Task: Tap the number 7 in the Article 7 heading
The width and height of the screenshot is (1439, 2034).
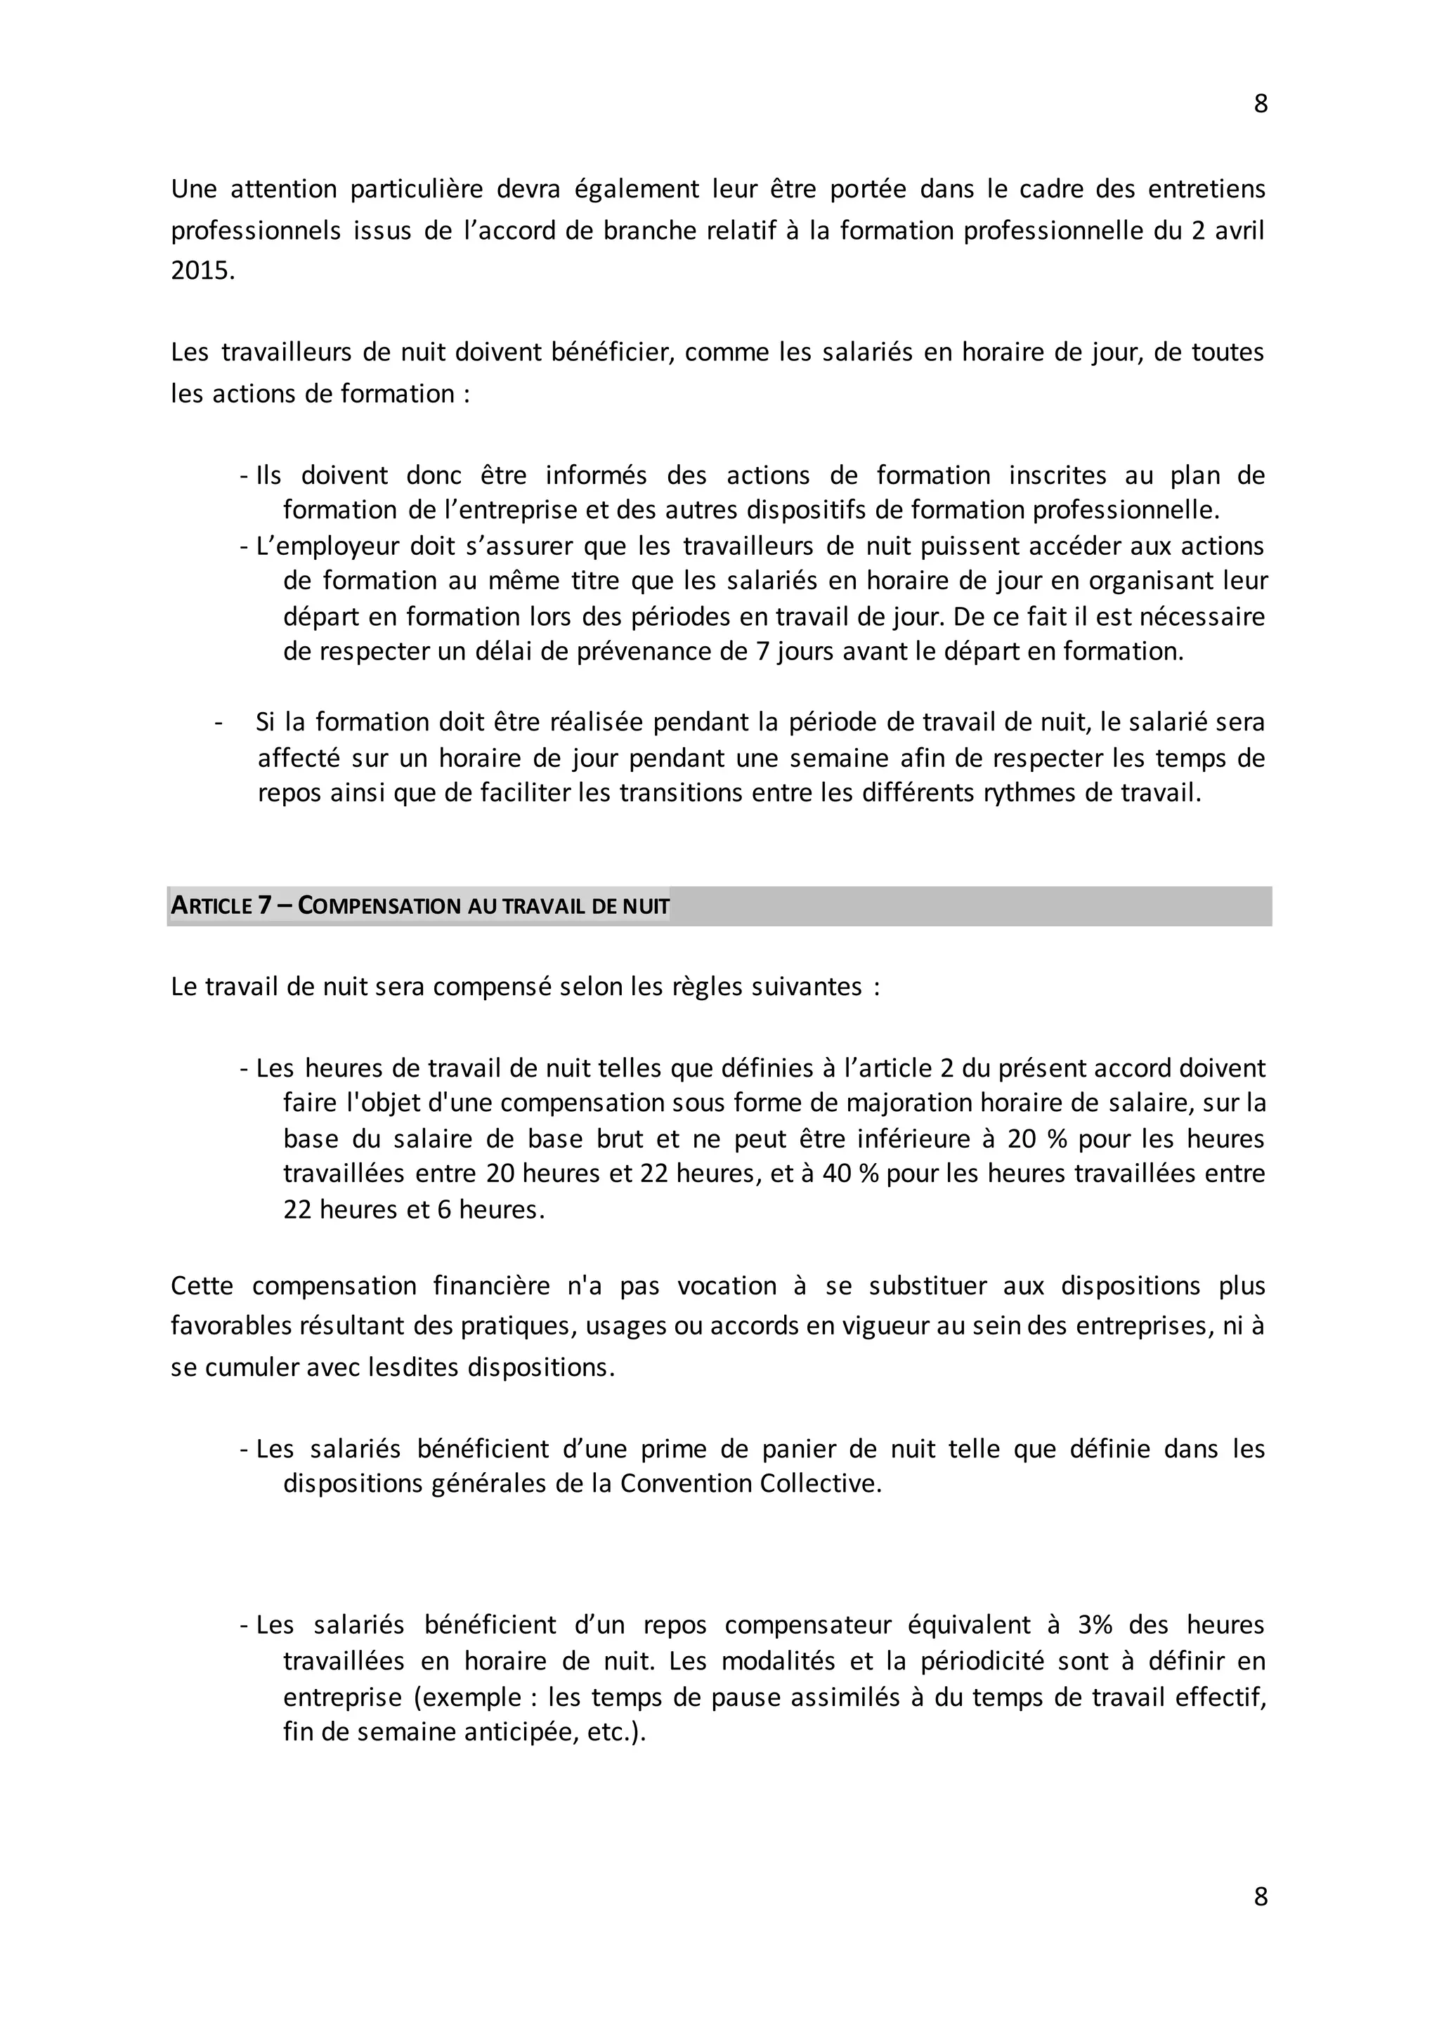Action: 264,906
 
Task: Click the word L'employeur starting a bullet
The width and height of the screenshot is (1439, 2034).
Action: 327,546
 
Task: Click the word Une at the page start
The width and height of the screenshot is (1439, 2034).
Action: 193,190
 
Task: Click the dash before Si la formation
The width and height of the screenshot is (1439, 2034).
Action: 217,723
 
